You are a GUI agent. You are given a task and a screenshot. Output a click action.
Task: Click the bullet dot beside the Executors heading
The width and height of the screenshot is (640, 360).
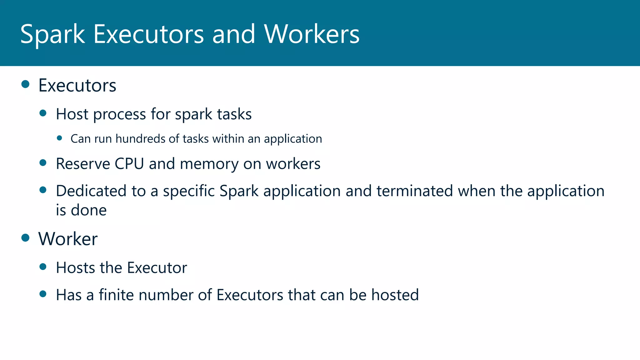(x=25, y=84)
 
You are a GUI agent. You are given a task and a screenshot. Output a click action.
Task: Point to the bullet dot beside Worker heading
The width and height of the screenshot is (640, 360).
(x=25, y=238)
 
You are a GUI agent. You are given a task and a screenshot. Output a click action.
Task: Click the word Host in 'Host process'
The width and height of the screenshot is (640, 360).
(x=72, y=114)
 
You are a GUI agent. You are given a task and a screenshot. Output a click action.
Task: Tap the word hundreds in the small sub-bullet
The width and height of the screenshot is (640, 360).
(x=140, y=139)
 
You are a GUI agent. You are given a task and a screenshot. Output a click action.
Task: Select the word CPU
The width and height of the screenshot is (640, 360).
(x=129, y=164)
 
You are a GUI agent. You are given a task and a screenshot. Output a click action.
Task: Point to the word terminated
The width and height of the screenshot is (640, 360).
(x=414, y=191)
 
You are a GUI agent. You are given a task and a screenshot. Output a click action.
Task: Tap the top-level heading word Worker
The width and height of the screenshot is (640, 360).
(x=68, y=239)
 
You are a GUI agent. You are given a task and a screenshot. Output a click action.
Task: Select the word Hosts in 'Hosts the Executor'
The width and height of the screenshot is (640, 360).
(x=75, y=268)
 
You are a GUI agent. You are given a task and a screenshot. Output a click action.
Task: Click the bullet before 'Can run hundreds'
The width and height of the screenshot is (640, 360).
(x=60, y=138)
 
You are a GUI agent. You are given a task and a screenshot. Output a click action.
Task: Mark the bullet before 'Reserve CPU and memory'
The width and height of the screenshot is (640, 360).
(x=43, y=162)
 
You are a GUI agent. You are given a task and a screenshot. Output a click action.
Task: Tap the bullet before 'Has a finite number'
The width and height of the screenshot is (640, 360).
(x=43, y=294)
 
